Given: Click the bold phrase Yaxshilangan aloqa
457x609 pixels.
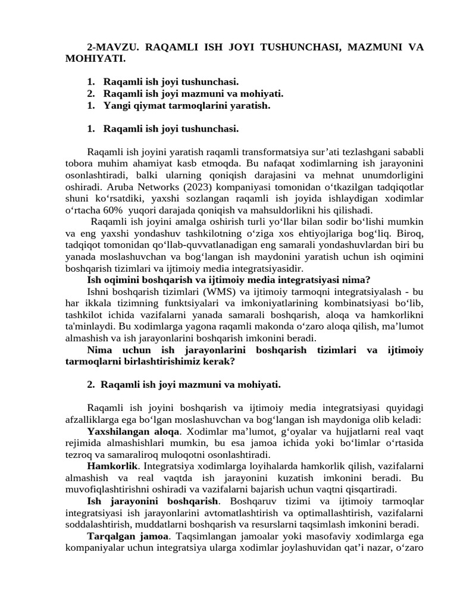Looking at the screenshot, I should [133, 431].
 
